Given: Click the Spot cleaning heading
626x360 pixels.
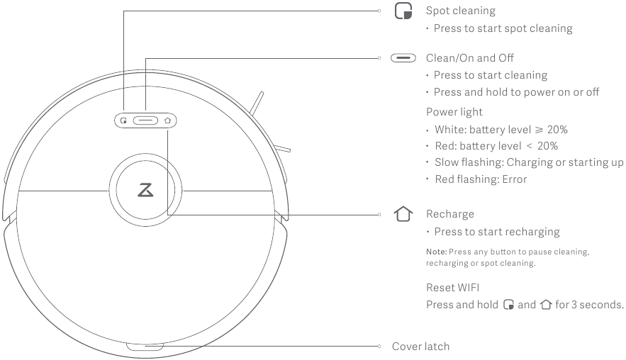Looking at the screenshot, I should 460,11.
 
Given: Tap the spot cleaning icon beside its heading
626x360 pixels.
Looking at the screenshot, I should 403,11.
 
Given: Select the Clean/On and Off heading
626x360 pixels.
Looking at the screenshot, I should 469,57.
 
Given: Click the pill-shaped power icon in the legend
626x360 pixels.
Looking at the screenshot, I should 403,57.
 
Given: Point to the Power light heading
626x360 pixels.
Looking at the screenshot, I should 454,111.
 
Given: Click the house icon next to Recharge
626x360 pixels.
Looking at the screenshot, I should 403,214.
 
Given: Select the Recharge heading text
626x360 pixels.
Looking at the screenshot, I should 449,214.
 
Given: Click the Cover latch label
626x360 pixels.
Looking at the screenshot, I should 420,347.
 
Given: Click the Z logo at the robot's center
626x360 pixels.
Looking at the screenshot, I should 145,191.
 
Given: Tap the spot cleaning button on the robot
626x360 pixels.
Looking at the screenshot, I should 123,120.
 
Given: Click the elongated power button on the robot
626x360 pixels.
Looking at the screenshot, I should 145,120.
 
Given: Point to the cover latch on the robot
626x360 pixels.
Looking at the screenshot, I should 145,347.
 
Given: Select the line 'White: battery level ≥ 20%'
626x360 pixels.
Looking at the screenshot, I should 501,130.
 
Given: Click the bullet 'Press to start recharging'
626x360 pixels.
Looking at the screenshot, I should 496,232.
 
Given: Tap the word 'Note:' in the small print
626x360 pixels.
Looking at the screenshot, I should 436,252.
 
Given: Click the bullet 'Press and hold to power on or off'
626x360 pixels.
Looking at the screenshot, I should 516,92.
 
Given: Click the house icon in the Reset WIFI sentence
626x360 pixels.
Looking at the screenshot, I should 545,305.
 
